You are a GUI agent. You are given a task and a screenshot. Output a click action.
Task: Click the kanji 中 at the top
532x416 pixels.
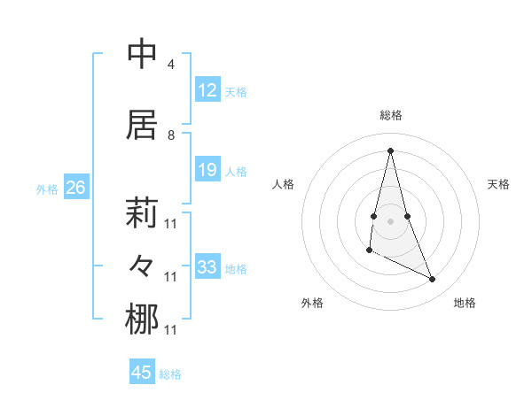pos(143,53)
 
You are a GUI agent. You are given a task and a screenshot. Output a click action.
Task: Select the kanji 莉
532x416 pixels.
pos(143,213)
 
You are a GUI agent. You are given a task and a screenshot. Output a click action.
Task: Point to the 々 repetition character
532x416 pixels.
pos(143,265)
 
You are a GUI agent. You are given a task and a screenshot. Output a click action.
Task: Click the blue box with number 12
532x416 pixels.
pos(207,90)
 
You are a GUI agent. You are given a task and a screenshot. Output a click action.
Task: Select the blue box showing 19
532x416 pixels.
pos(207,170)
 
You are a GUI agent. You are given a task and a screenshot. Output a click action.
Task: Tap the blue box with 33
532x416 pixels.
pos(207,267)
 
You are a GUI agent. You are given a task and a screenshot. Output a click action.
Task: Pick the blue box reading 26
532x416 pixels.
pos(75,188)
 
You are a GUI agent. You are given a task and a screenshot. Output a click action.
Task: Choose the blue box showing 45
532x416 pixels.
pos(142,373)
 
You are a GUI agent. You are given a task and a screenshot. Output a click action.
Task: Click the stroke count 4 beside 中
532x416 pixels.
pos(170,65)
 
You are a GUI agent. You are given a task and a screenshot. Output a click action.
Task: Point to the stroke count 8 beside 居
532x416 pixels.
pos(170,135)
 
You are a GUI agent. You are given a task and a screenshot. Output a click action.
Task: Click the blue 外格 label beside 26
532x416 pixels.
pos(47,189)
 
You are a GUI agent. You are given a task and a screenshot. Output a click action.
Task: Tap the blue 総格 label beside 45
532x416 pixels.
pos(170,374)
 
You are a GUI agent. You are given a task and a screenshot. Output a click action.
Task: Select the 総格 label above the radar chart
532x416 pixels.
pos(391,115)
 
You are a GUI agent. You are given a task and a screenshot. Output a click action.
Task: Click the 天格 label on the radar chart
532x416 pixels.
pos(499,184)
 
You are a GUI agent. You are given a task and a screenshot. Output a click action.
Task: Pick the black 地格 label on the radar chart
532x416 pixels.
pos(465,303)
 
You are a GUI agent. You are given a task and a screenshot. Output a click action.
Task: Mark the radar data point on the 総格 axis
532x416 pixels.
pos(391,150)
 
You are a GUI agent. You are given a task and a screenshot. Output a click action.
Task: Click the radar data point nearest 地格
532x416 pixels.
pos(433,280)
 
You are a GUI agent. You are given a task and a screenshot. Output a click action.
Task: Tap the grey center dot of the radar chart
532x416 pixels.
pos(391,220)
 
